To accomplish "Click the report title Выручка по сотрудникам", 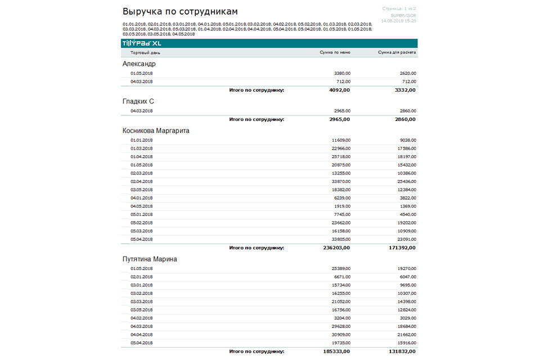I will pos(180,11).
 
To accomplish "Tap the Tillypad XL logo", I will pos(141,43).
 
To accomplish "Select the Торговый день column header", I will pos(145,53).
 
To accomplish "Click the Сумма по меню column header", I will pos(335,53).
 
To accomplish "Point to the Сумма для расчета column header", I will pos(397,53).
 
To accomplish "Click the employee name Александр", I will pos(139,64).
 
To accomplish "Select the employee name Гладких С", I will pos(138,101).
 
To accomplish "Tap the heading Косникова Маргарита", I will pos(156,130).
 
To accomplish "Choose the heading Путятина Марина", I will pos(150,259).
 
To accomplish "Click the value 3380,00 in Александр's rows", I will pos(341,73).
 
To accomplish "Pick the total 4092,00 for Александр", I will pos(340,90).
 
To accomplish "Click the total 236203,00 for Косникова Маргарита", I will pos(336,247).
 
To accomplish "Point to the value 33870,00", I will pos(341,182).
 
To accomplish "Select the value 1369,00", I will pos(408,206).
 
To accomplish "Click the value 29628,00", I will pos(341,326).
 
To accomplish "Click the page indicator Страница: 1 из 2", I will pos(399,9).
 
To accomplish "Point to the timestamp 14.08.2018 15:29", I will pos(398,21).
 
